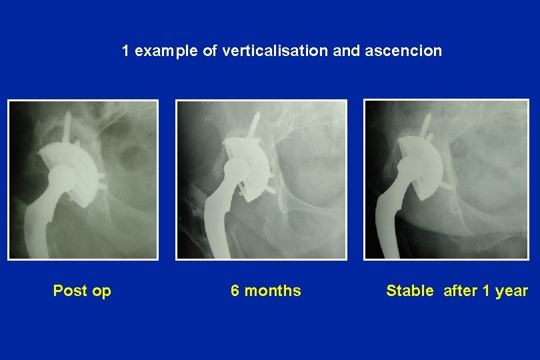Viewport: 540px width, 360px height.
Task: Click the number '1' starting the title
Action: pyautogui.click(x=126, y=51)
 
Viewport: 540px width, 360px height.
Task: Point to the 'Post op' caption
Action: pyautogui.click(x=82, y=291)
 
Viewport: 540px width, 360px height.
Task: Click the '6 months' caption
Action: pyautogui.click(x=265, y=291)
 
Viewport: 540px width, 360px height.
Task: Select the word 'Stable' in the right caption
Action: pyautogui.click(x=409, y=291)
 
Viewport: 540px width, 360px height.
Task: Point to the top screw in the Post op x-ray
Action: pyautogui.click(x=67, y=127)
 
